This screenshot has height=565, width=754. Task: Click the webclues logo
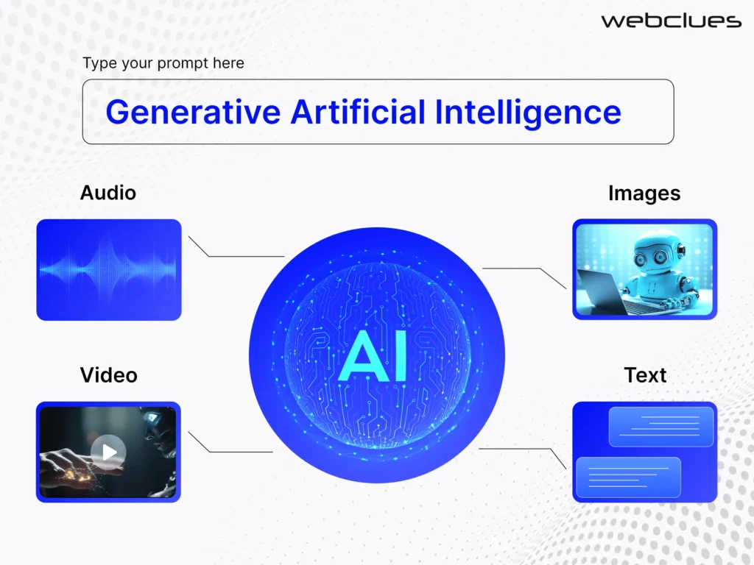pyautogui.click(x=671, y=21)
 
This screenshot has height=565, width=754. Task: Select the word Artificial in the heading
pyautogui.click(x=358, y=112)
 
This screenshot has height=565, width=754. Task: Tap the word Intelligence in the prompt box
pyautogui.click(x=528, y=112)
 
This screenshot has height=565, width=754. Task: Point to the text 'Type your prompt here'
pyautogui.click(x=163, y=63)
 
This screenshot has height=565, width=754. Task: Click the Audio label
pyautogui.click(x=108, y=193)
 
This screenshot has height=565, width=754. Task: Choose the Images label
pyautogui.click(x=644, y=193)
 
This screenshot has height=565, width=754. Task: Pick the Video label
pyautogui.click(x=109, y=375)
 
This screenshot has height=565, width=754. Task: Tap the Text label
pyautogui.click(x=645, y=375)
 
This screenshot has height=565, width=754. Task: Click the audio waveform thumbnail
pyautogui.click(x=109, y=269)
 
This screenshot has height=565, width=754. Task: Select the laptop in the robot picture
pyautogui.click(x=601, y=290)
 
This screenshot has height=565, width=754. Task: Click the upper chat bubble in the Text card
pyautogui.click(x=661, y=426)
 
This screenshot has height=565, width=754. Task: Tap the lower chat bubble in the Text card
pyautogui.click(x=628, y=476)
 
